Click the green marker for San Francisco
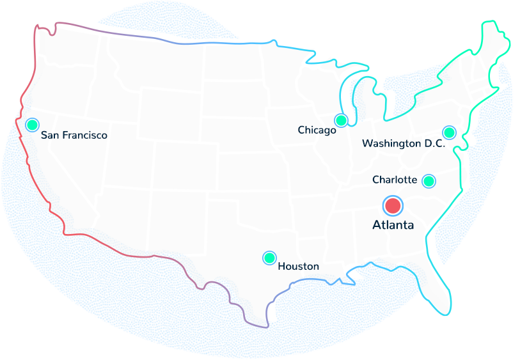click(x=32, y=125)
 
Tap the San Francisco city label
click(x=74, y=136)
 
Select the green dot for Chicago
click(x=341, y=120)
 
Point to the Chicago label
click(x=317, y=130)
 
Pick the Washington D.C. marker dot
click(x=449, y=132)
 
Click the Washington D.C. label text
click(x=403, y=144)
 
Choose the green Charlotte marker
click(x=429, y=181)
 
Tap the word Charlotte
click(x=395, y=180)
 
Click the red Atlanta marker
click(x=393, y=206)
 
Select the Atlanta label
click(x=393, y=225)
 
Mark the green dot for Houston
click(x=269, y=258)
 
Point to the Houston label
click(x=298, y=266)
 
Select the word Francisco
click(x=84, y=136)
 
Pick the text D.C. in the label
click(x=434, y=144)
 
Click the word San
click(x=49, y=136)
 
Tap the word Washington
click(x=391, y=144)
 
